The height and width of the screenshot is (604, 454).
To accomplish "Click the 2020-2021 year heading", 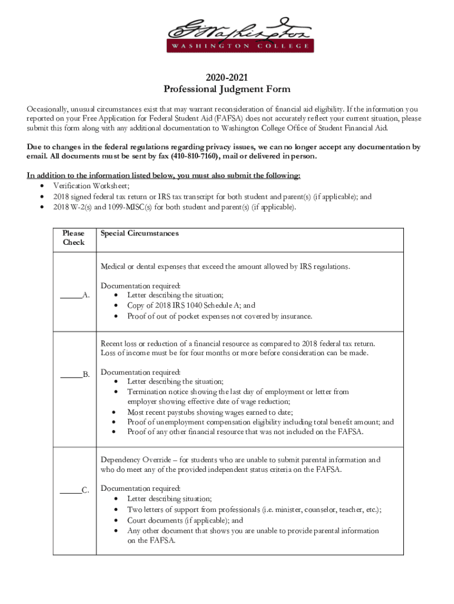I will coord(227,78).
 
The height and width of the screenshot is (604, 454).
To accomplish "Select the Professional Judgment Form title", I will coord(227,90).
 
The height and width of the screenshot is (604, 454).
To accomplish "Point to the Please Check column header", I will coord(74,238).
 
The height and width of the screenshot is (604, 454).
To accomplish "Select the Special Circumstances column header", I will coord(139,234).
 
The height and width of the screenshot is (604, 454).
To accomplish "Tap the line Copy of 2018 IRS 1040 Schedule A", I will coord(191,306).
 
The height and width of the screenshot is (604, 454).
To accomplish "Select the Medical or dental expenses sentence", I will coord(225,267).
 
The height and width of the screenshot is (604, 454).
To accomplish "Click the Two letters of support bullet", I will coord(254,510).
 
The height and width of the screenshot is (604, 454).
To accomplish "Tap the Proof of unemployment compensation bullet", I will coord(261,422).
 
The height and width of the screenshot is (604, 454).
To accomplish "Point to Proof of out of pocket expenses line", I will coord(219,316).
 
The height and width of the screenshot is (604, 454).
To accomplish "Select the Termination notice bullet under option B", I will coord(238,392).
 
